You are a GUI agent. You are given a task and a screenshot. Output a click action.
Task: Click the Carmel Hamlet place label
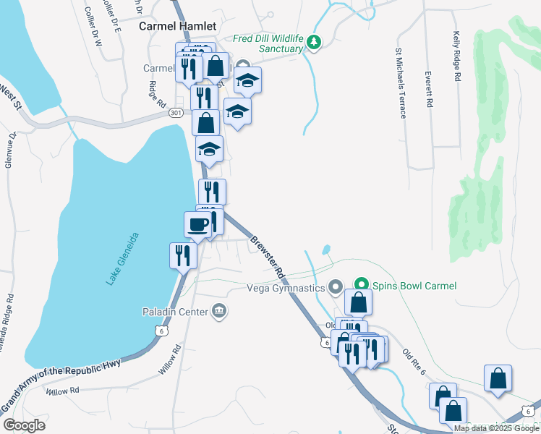point(177,26)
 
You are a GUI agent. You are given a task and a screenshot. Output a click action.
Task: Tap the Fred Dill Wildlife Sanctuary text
point(267,43)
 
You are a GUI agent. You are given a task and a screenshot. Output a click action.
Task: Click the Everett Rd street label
point(429,89)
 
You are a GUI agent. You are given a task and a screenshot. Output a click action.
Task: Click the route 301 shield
point(175,113)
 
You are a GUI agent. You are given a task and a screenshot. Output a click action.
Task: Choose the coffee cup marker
point(198,224)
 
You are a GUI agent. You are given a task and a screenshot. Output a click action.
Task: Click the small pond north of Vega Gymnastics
point(326,250)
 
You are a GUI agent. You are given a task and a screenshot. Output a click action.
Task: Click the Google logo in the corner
point(24,425)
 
